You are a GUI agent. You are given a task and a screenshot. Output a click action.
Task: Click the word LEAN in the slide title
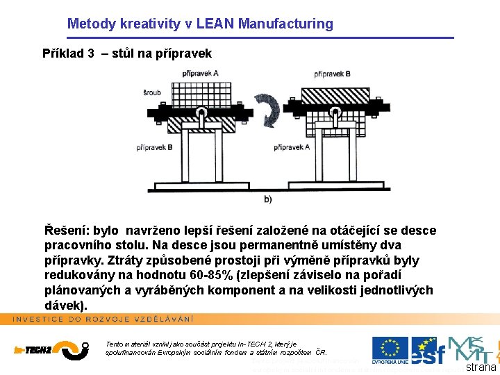215,24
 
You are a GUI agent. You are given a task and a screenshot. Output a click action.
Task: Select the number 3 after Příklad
91,53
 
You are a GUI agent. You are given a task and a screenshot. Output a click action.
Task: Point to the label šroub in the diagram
153,92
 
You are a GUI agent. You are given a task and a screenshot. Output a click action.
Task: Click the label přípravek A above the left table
200,73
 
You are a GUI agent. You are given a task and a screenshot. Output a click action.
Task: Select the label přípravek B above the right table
336,73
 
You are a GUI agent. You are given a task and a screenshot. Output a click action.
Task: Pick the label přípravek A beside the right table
292,147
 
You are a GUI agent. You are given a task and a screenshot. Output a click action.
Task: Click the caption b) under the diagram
268,199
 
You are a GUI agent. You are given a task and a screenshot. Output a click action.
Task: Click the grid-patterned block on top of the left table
201,94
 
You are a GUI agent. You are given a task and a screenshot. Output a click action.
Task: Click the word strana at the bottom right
481,367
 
